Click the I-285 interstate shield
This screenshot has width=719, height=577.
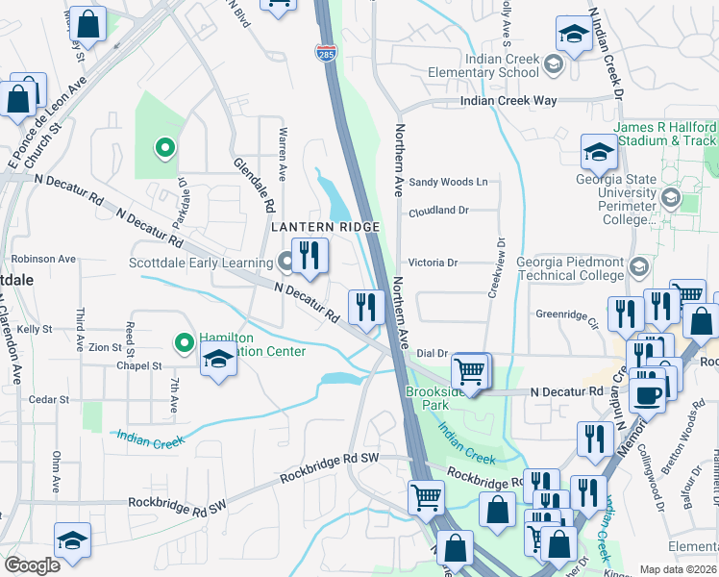click(x=326, y=54)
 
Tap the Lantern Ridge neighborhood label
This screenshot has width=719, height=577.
click(x=325, y=227)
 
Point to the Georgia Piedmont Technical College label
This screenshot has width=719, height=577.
click(x=570, y=268)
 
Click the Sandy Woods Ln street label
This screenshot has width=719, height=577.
click(x=448, y=182)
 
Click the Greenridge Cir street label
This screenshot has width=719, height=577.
click(x=567, y=313)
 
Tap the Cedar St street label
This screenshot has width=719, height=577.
click(x=49, y=399)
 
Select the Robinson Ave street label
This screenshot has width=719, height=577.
click(x=43, y=260)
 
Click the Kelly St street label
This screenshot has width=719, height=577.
click(x=34, y=329)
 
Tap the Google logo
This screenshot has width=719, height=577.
click(x=32, y=565)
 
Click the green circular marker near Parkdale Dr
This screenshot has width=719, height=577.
click(x=164, y=148)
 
